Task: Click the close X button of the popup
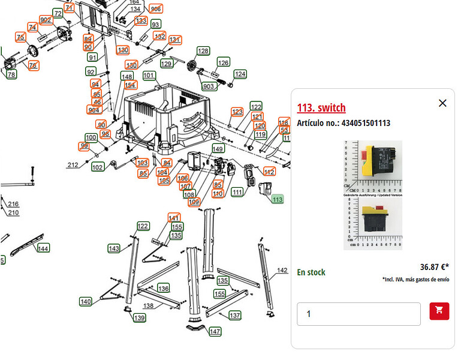click(x=442, y=103)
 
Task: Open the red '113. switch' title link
click(x=321, y=108)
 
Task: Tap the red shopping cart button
click(x=439, y=311)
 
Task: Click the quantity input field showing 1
click(x=358, y=314)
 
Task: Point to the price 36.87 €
click(x=434, y=267)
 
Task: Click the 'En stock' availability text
click(x=311, y=272)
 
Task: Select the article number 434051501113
click(x=344, y=123)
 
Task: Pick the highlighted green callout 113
click(x=277, y=199)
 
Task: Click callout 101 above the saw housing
click(x=149, y=76)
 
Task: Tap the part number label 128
click(x=203, y=51)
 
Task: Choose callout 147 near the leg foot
click(x=215, y=331)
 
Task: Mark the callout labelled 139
click(x=139, y=317)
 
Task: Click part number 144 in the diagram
click(x=43, y=248)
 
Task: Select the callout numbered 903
click(x=209, y=86)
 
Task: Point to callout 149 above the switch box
click(x=218, y=149)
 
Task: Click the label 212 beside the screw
click(x=73, y=165)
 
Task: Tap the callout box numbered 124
click(x=240, y=74)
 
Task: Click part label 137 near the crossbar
click(x=234, y=315)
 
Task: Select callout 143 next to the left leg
click(x=114, y=248)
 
